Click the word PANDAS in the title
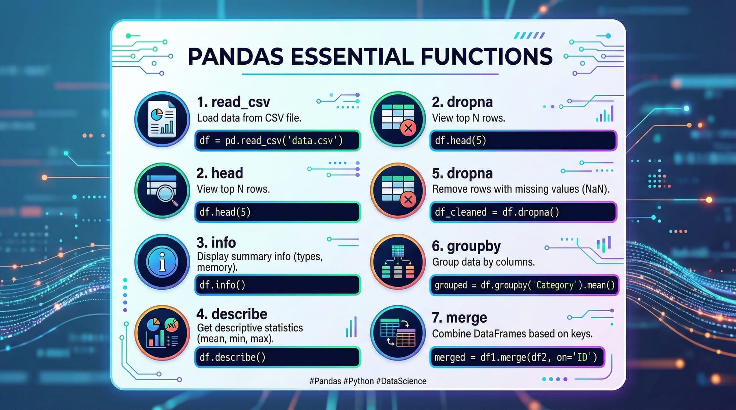(236, 57)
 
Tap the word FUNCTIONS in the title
(486, 57)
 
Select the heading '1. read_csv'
(233, 102)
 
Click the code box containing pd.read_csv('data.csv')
(277, 140)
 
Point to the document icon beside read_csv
(162, 119)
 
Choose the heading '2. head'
(220, 173)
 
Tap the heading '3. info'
(216, 242)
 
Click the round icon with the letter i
(162, 262)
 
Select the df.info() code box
(277, 285)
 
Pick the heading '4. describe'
(232, 314)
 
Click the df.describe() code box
(277, 357)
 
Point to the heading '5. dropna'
(462, 173)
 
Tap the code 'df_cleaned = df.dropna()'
(497, 212)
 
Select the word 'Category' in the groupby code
(555, 285)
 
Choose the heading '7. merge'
(459, 318)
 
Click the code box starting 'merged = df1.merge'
(517, 357)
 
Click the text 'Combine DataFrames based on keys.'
(512, 334)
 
